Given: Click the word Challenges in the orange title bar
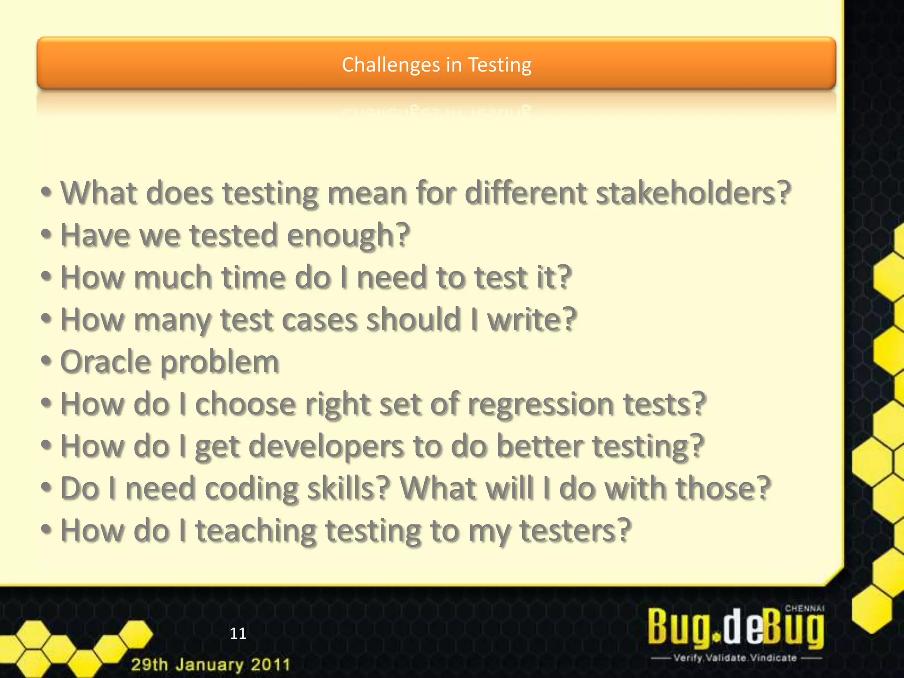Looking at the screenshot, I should pos(391,65).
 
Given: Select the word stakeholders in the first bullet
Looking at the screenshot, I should pos(693,193).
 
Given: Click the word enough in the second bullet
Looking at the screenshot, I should pos(348,235).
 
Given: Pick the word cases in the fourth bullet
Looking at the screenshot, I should pos(319,320).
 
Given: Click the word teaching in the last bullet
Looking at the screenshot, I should pos(256,531).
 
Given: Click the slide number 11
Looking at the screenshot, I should pos(238,633).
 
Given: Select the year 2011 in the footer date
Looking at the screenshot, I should pos(271,664).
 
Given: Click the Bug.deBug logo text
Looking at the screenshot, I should pos(735,627).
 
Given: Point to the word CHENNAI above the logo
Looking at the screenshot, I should pos(804,608).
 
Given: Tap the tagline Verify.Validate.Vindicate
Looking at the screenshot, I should pos(735,658).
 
